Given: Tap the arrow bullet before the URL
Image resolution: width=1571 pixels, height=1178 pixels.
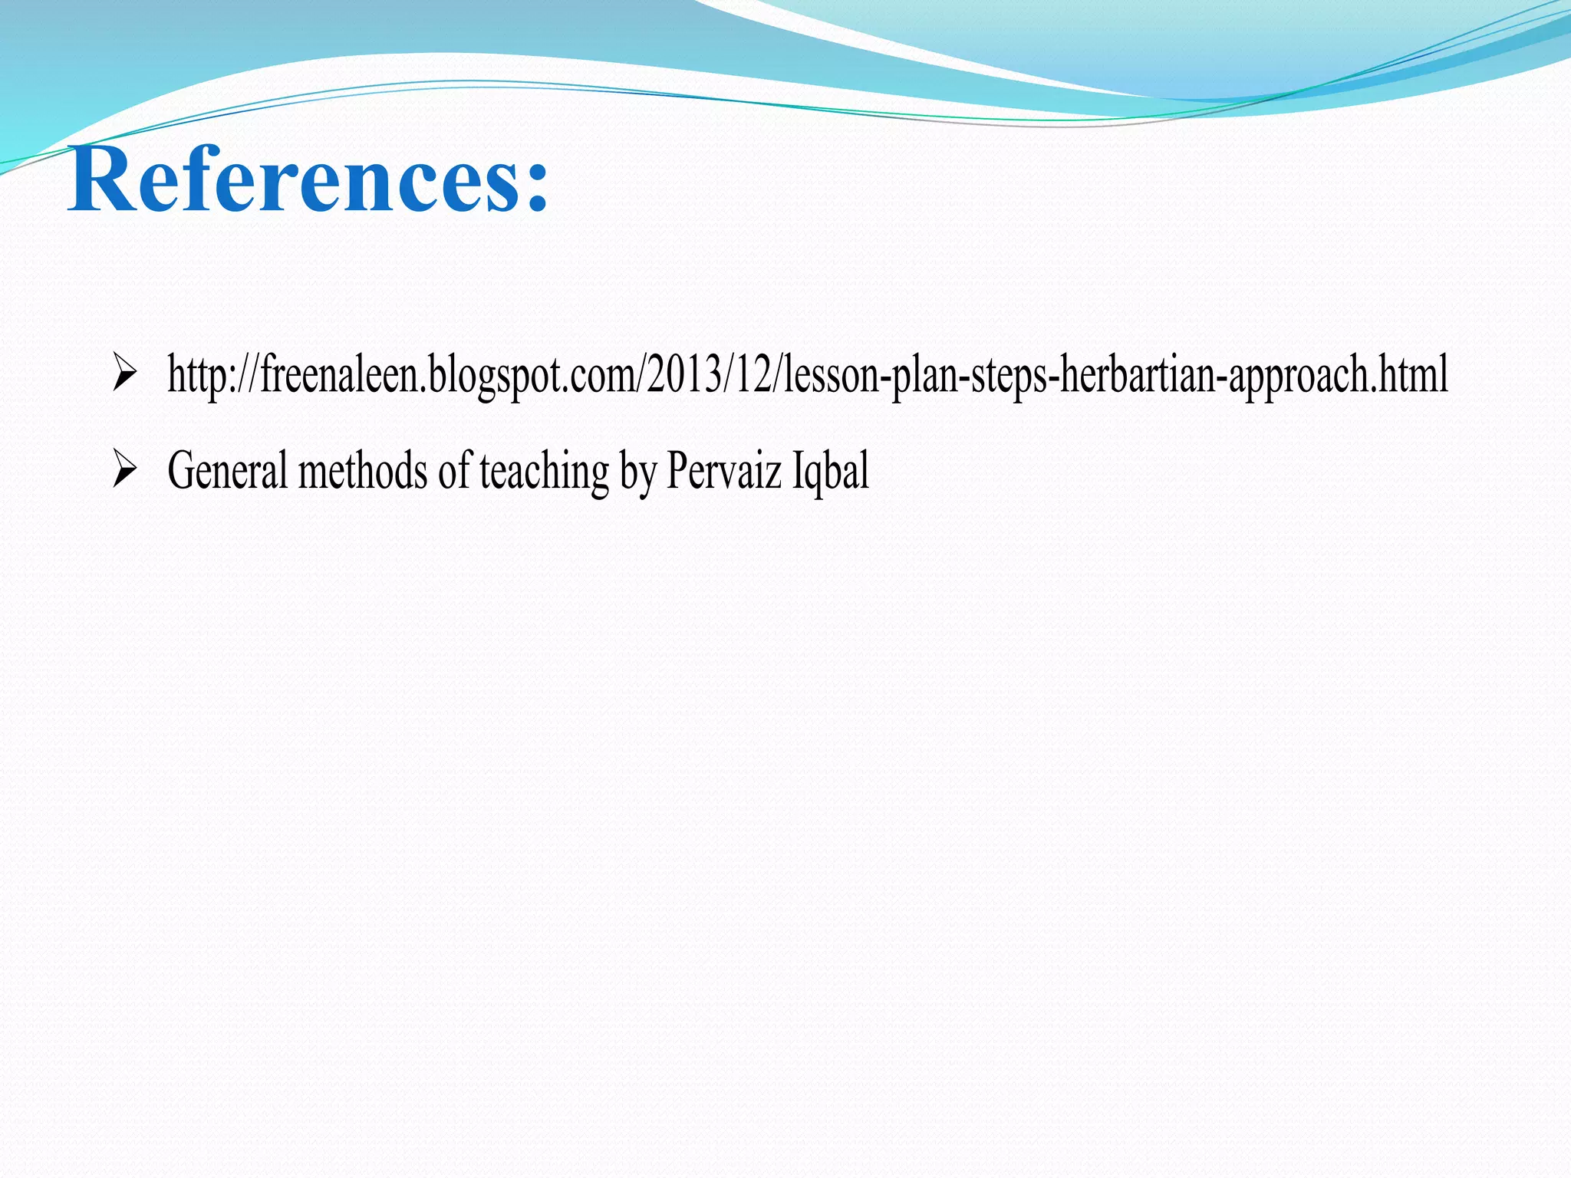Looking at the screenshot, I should [124, 372].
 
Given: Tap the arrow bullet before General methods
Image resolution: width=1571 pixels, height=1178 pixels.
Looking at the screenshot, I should [124, 469].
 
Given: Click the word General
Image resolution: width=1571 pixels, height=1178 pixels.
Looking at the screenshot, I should [226, 470].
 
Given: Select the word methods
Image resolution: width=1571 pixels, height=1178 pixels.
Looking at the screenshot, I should [362, 470].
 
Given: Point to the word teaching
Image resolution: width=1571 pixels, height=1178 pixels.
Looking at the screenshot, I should [544, 470].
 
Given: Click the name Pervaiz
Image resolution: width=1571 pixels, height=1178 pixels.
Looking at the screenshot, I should [723, 470].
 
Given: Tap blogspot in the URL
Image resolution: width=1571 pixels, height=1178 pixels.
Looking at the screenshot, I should [494, 373].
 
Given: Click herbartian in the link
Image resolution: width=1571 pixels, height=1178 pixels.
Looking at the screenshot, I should [1137, 373].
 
